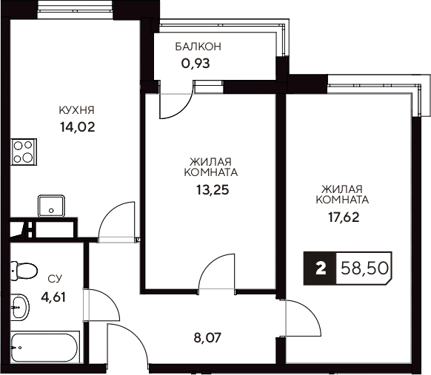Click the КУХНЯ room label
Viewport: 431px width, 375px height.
(x=77, y=111)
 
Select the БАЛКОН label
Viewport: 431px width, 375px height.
(x=198, y=47)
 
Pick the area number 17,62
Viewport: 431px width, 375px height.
(x=342, y=217)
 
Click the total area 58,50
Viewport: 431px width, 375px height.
(x=364, y=267)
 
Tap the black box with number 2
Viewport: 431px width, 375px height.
(x=320, y=267)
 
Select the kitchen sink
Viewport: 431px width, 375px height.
(x=51, y=206)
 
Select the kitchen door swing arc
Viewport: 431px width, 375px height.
(x=116, y=222)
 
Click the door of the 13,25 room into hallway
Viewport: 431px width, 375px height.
(x=219, y=271)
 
